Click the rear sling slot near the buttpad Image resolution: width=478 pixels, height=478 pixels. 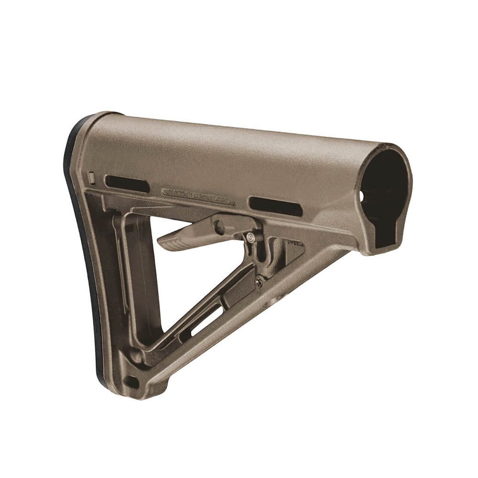click(x=127, y=184)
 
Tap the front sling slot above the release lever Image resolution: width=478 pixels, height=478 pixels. click(x=276, y=206)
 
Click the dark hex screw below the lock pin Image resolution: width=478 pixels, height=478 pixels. click(x=259, y=282)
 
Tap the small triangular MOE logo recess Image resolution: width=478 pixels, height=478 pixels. click(x=295, y=246)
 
